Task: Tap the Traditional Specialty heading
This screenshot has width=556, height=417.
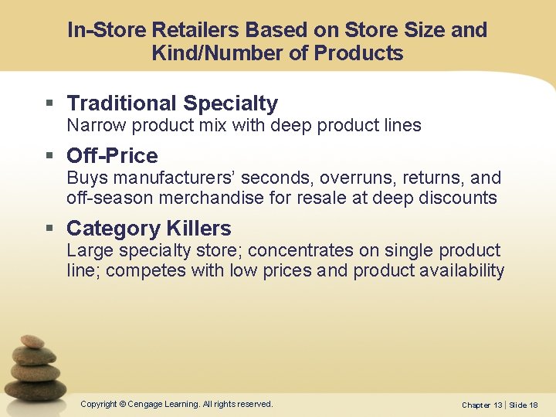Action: pyautogui.click(x=172, y=103)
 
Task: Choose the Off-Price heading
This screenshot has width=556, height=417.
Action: pyautogui.click(x=112, y=156)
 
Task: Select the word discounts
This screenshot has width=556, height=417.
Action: pyautogui.click(x=457, y=198)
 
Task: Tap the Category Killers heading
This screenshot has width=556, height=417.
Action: pyautogui.click(x=148, y=229)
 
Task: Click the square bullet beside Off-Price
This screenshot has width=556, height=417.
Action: pyautogui.click(x=50, y=157)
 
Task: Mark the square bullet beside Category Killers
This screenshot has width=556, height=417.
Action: pyautogui.click(x=50, y=229)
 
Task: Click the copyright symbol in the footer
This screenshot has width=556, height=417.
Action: pyautogui.click(x=122, y=404)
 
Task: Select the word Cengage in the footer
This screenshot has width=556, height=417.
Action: pyautogui.click(x=146, y=404)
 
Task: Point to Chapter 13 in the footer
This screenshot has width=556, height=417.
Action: pyautogui.click(x=482, y=405)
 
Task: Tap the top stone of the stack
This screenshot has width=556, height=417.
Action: pyautogui.click(x=32, y=341)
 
